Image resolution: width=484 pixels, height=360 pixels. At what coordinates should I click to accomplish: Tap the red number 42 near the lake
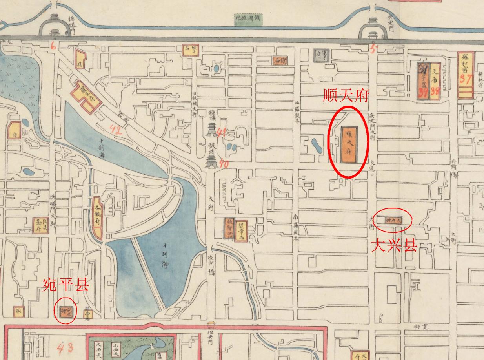[116, 130]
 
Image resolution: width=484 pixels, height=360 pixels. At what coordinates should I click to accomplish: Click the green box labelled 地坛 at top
[249, 19]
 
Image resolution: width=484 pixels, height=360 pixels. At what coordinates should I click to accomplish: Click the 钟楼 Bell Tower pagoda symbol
[212, 129]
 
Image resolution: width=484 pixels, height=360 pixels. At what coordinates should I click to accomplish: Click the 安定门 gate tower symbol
[373, 27]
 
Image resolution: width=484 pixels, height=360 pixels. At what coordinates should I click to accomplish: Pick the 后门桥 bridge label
[212, 265]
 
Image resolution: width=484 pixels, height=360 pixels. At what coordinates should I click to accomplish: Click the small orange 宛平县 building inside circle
[65, 311]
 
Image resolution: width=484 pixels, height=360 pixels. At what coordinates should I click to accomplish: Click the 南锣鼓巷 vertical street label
[296, 227]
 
